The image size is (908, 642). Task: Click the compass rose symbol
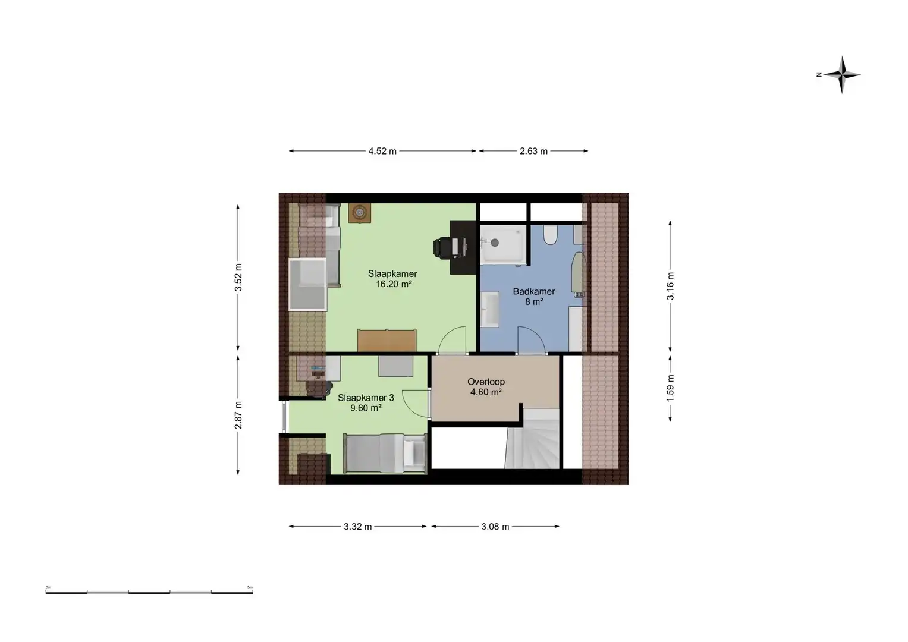pos(841,75)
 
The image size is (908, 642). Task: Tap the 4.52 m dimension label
pos(382,151)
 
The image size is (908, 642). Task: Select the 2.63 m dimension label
pos(533,151)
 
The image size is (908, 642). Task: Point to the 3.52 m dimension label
pos(238,277)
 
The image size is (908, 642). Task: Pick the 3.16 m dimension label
pos(671,286)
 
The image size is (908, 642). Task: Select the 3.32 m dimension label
pos(357,527)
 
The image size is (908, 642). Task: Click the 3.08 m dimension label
pos(495,527)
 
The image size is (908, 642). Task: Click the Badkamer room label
pos(533,291)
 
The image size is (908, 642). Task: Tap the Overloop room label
pos(486,382)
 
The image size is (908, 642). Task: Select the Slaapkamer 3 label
pos(366,398)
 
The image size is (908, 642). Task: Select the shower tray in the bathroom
pos(503,244)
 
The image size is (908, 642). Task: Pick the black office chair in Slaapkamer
pos(442,247)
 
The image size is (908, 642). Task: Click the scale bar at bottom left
pos(149,592)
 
